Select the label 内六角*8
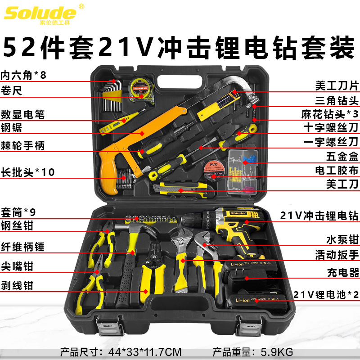pyautogui.click(x=23, y=75)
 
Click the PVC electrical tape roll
pyautogui.click(x=213, y=170)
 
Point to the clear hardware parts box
pyautogui.click(x=243, y=172)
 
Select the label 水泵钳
pyautogui.click(x=342, y=239)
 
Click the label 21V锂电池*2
pyautogui.click(x=326, y=295)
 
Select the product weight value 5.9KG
pyautogui.click(x=277, y=352)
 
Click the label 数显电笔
pyautogui.click(x=23, y=114)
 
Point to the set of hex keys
pyautogui.click(x=111, y=96)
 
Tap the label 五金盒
pyautogui.click(x=342, y=156)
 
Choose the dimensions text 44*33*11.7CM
pyautogui.click(x=145, y=352)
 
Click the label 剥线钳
pyautogui.click(x=17, y=285)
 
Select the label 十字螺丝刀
pyautogui.click(x=331, y=127)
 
